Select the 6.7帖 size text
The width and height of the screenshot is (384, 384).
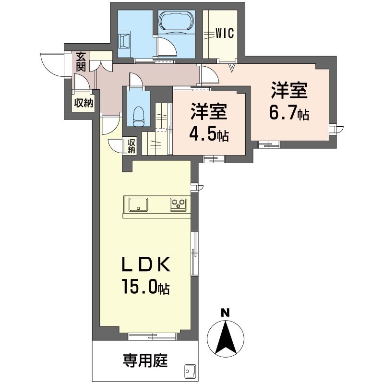click(288, 114)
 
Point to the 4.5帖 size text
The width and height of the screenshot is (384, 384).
click(208, 135)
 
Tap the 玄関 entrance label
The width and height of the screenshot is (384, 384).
click(80, 62)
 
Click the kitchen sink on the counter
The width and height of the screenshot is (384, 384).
click(138, 204)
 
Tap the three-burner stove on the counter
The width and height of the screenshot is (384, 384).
click(178, 204)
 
